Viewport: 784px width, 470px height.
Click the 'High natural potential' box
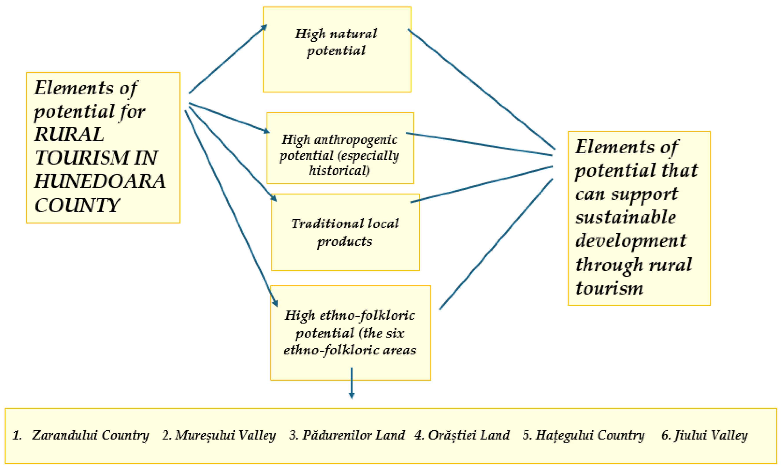[337, 50]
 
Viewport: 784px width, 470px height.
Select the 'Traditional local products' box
[345, 232]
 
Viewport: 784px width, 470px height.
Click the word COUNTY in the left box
[77, 205]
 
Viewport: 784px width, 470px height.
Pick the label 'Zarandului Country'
[90, 435]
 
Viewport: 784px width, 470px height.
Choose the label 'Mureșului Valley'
[225, 435]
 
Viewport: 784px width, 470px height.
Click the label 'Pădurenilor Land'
[353, 435]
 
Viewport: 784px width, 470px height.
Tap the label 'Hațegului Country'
[590, 435]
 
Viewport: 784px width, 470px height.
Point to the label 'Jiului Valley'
[711, 435]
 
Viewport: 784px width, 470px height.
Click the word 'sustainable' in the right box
[625, 217]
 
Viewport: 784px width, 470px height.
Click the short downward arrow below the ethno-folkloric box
[351, 383]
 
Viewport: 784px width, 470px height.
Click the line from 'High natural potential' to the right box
[481, 89]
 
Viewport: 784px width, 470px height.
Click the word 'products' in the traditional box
[345, 242]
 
